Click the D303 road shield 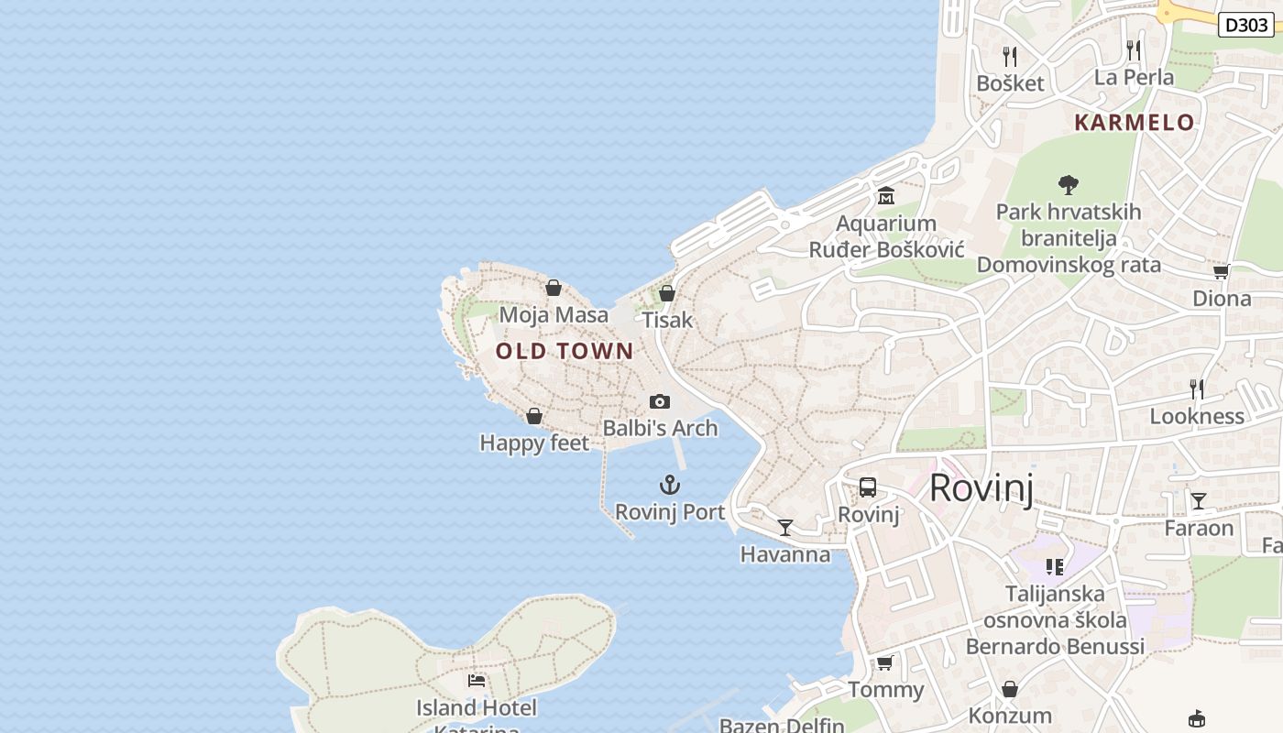click(x=1246, y=25)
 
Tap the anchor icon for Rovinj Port click(x=670, y=485)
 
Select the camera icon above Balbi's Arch click(x=659, y=401)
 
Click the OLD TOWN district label click(x=565, y=351)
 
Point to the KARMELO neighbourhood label click(x=1135, y=123)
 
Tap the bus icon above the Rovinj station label click(x=868, y=487)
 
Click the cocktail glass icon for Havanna click(x=784, y=527)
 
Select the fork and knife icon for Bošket click(x=1010, y=56)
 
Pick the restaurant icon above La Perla click(x=1134, y=49)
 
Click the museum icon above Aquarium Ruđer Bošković click(x=886, y=196)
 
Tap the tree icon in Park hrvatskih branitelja click(x=1068, y=185)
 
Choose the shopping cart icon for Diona click(x=1221, y=271)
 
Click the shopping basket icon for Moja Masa click(x=554, y=288)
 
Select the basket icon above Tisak click(x=667, y=293)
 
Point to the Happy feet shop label click(x=534, y=443)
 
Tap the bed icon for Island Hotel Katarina click(x=477, y=680)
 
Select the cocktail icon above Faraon click(x=1199, y=500)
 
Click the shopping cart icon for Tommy click(x=884, y=662)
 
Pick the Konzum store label click(x=1010, y=716)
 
